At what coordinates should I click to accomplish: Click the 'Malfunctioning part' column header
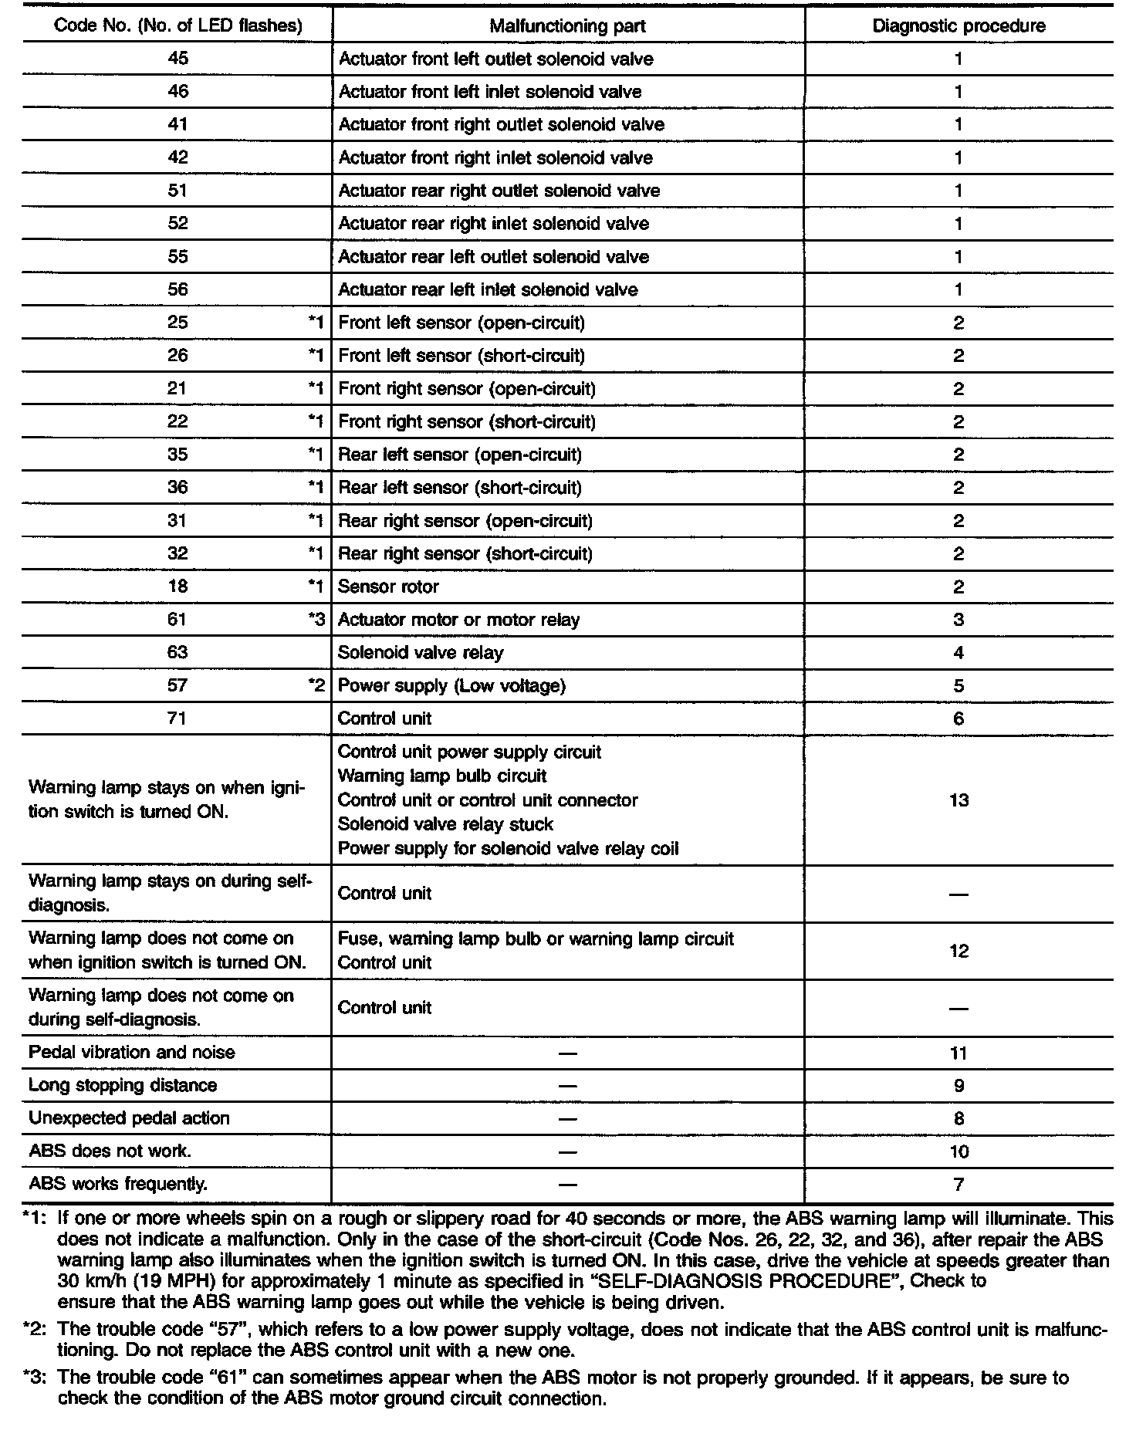click(x=567, y=26)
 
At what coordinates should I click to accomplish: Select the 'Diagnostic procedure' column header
click(x=958, y=26)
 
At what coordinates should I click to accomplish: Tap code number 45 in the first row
click(x=177, y=59)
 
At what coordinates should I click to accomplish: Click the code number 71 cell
click(x=177, y=718)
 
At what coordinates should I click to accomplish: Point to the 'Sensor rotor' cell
click(x=388, y=587)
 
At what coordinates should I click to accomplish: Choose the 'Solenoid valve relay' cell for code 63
click(x=421, y=653)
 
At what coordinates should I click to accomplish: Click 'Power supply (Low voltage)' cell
click(x=451, y=686)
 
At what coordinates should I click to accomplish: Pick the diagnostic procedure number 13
click(x=958, y=800)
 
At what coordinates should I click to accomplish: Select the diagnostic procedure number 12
click(x=958, y=951)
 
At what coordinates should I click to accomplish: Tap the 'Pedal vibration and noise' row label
click(x=131, y=1053)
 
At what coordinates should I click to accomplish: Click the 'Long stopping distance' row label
click(x=123, y=1086)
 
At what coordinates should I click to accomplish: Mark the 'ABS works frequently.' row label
click(x=118, y=1184)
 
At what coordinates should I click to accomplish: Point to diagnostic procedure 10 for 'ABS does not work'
click(x=958, y=1151)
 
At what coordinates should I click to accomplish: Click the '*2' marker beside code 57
click(x=316, y=686)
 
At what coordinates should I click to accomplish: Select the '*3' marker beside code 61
click(x=316, y=620)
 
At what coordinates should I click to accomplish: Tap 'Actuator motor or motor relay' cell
click(x=458, y=620)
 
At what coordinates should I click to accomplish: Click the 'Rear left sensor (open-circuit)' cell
click(x=460, y=455)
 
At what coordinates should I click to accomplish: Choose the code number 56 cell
click(x=177, y=290)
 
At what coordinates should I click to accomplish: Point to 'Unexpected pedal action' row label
click(x=129, y=1118)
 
